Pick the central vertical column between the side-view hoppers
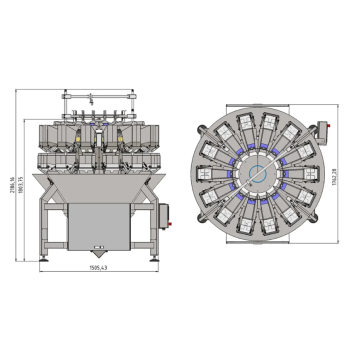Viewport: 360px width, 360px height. (97, 140)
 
